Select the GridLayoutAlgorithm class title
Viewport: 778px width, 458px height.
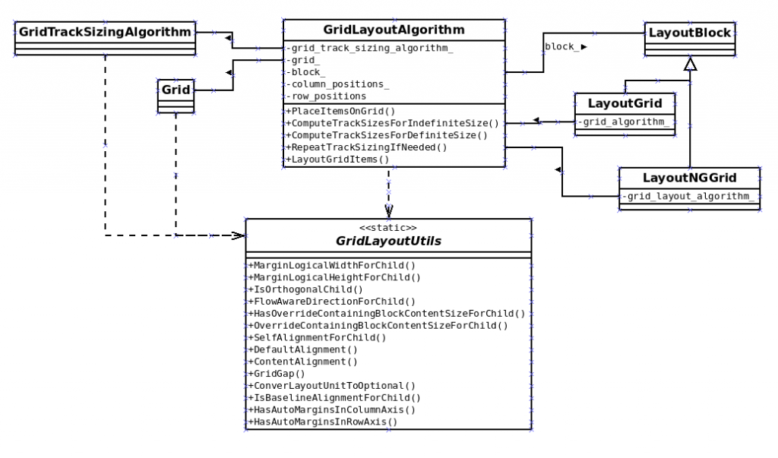[394, 30]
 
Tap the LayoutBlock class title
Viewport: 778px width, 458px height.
[689, 33]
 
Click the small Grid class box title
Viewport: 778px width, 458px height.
[174, 88]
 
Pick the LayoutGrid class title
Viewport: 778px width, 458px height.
[625, 103]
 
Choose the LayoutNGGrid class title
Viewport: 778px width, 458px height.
[689, 178]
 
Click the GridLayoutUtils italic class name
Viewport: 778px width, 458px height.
[388, 241]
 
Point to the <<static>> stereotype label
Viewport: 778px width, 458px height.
[388, 226]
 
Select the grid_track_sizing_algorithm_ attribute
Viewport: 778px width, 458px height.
[370, 48]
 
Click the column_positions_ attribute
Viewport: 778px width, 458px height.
[338, 84]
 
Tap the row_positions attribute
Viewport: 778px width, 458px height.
[327, 96]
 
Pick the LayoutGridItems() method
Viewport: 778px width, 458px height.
[337, 159]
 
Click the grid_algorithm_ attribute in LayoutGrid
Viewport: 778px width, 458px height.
[625, 122]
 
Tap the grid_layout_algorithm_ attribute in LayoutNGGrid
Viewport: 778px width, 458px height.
[689, 197]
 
